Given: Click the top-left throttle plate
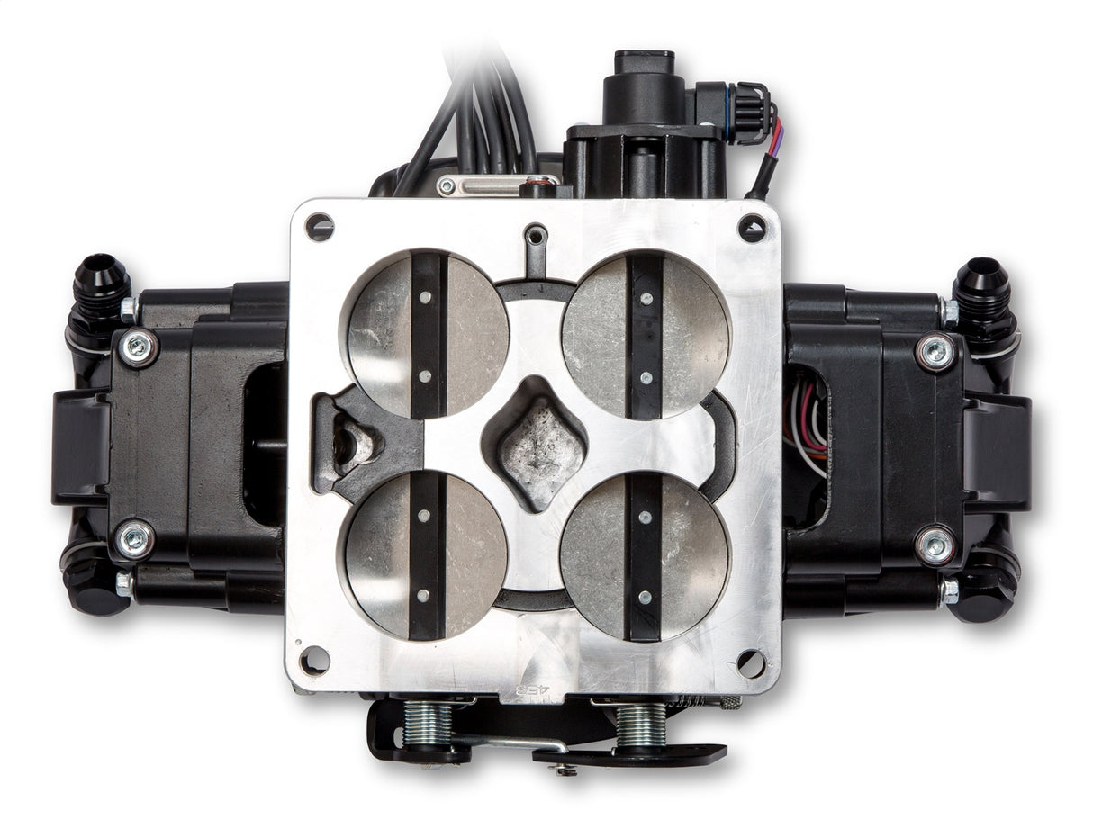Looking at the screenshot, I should coord(428,334).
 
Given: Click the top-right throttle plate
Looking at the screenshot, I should coord(645,335).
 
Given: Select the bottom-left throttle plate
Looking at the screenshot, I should coord(426,554).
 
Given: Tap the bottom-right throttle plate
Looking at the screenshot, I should coord(644,556).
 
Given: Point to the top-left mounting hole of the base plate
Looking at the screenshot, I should coord(320,226).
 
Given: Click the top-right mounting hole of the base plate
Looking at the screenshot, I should coord(752,228).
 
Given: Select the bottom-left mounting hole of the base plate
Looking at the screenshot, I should coord(314,661).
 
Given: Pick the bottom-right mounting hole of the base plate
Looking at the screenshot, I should coord(751,663).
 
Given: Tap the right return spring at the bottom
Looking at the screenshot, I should coord(640,723).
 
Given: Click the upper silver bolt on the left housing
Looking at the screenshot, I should coord(138,347).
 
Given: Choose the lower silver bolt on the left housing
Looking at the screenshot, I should coord(135,538).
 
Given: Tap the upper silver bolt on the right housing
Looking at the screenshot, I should coord(936,351).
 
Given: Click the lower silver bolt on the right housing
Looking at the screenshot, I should coord(935,545).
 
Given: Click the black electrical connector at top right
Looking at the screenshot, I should coord(745,113).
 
